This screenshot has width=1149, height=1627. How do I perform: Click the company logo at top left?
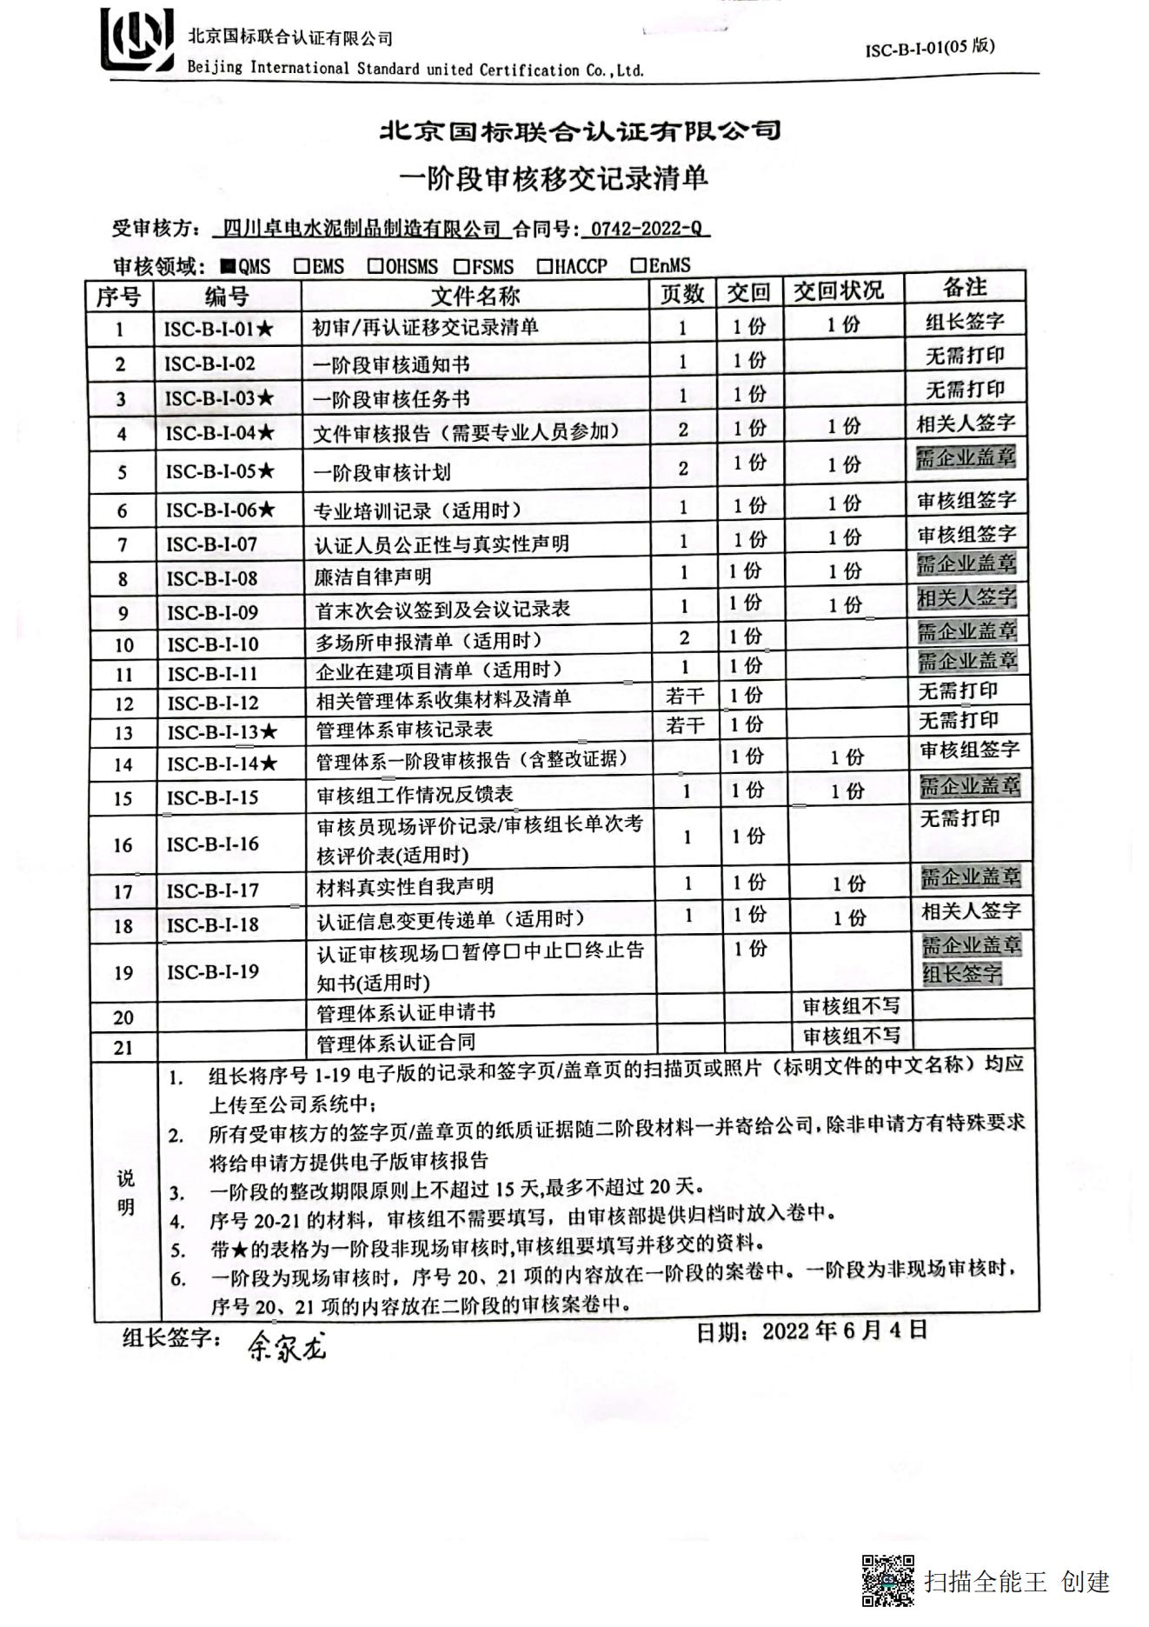coord(136,40)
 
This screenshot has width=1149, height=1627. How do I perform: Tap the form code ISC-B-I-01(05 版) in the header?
coord(929,48)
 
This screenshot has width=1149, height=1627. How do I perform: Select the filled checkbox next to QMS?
coord(227,266)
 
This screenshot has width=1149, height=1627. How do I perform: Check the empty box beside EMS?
coord(302,265)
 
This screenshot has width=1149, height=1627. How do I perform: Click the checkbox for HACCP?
coord(544,265)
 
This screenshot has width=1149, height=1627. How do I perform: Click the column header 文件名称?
coord(475,296)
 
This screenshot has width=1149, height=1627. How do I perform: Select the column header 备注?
coord(965,288)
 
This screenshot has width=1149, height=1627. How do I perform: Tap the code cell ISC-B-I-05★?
coord(220,471)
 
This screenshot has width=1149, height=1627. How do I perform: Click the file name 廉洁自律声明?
coord(373,577)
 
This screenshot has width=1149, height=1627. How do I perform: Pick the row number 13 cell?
coord(124,733)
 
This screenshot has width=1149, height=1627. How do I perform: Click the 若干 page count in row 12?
coord(685,696)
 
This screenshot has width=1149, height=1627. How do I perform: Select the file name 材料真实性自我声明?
coord(405,887)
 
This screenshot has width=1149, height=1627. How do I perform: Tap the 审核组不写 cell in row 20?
coord(851,1006)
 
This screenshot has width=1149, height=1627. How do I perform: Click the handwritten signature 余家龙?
coord(287,1347)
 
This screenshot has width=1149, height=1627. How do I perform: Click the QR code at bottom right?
coord(887,1581)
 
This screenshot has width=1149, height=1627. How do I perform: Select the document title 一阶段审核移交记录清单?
coord(554,178)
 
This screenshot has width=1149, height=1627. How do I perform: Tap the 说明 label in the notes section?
coord(126,1192)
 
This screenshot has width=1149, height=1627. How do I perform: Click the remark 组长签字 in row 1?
coord(965,322)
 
